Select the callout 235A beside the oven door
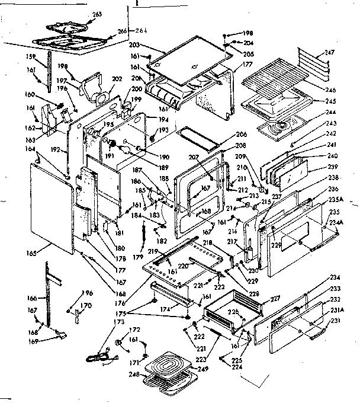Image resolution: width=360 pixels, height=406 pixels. coord(336,199)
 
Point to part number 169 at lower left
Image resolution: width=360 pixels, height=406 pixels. coord(36,343)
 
